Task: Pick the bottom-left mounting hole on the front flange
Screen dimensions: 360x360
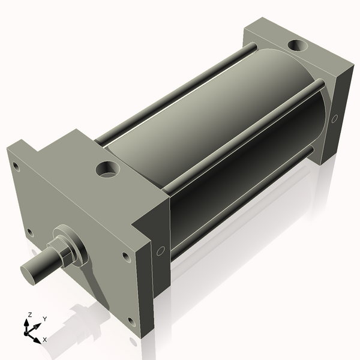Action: [x=29, y=232]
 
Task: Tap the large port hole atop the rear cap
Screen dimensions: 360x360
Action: [x=296, y=45]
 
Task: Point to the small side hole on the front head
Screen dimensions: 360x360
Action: [x=160, y=251]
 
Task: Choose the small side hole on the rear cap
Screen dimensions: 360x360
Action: [x=334, y=119]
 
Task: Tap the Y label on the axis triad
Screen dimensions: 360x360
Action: [x=45, y=319]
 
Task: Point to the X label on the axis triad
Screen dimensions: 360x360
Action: [x=44, y=340]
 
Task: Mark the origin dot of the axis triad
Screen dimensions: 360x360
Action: [x=28, y=331]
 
